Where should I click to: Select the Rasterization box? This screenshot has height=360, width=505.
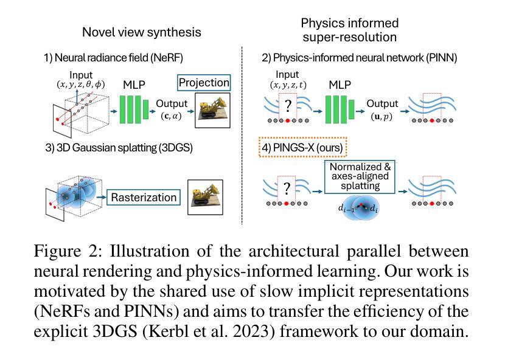point(144,197)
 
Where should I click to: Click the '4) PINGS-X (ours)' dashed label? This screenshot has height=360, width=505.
point(301,147)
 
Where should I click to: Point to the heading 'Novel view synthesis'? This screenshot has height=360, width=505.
point(141,32)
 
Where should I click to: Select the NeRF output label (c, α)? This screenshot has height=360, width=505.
point(171,116)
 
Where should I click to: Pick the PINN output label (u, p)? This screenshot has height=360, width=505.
point(381,116)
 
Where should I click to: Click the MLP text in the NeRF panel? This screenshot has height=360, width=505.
point(134,85)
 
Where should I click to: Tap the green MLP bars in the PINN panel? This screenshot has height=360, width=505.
point(344,107)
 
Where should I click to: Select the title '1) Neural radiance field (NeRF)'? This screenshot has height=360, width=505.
point(113,58)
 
